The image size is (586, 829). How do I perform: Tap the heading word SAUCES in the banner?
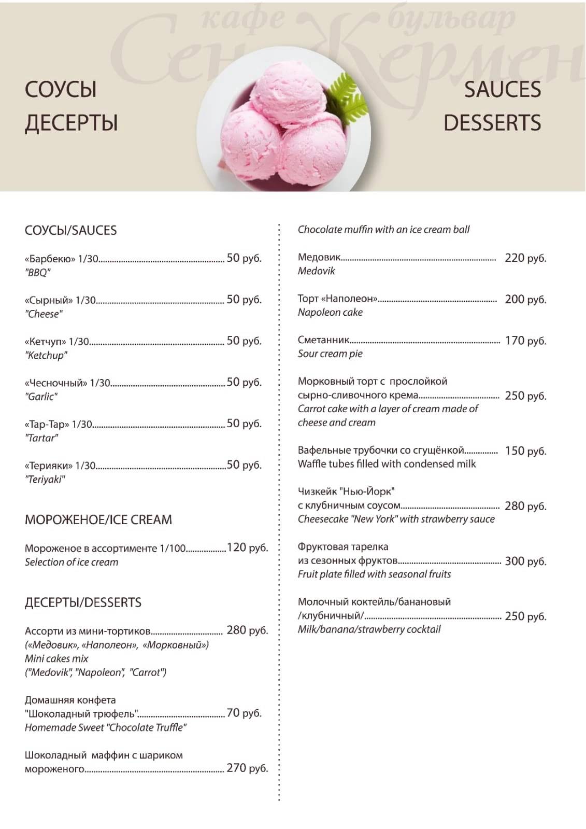(x=502, y=89)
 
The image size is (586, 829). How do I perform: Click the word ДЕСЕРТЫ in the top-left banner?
(x=72, y=123)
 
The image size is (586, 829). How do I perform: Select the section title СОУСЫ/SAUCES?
(x=71, y=230)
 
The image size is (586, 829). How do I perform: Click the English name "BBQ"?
(x=38, y=272)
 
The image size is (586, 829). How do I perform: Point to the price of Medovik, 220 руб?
(x=525, y=258)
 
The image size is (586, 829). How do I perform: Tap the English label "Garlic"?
(x=41, y=397)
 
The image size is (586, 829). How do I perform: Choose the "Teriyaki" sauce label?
(x=45, y=479)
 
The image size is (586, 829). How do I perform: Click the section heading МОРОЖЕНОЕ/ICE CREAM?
(x=98, y=519)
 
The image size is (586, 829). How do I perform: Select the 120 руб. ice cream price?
(x=247, y=547)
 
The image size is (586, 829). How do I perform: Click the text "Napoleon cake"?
(x=330, y=312)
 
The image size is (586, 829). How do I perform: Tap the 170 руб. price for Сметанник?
(x=525, y=341)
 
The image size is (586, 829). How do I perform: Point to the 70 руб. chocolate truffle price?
(x=244, y=713)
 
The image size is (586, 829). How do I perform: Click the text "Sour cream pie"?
(x=330, y=354)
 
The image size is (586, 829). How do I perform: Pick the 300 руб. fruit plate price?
(x=525, y=561)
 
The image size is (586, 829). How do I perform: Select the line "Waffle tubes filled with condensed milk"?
(x=387, y=464)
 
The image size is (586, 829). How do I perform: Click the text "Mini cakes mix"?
(x=56, y=658)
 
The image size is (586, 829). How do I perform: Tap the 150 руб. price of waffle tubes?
(x=525, y=451)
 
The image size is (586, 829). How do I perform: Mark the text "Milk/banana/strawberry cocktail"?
(x=369, y=629)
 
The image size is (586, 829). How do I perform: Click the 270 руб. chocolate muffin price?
(x=247, y=768)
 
